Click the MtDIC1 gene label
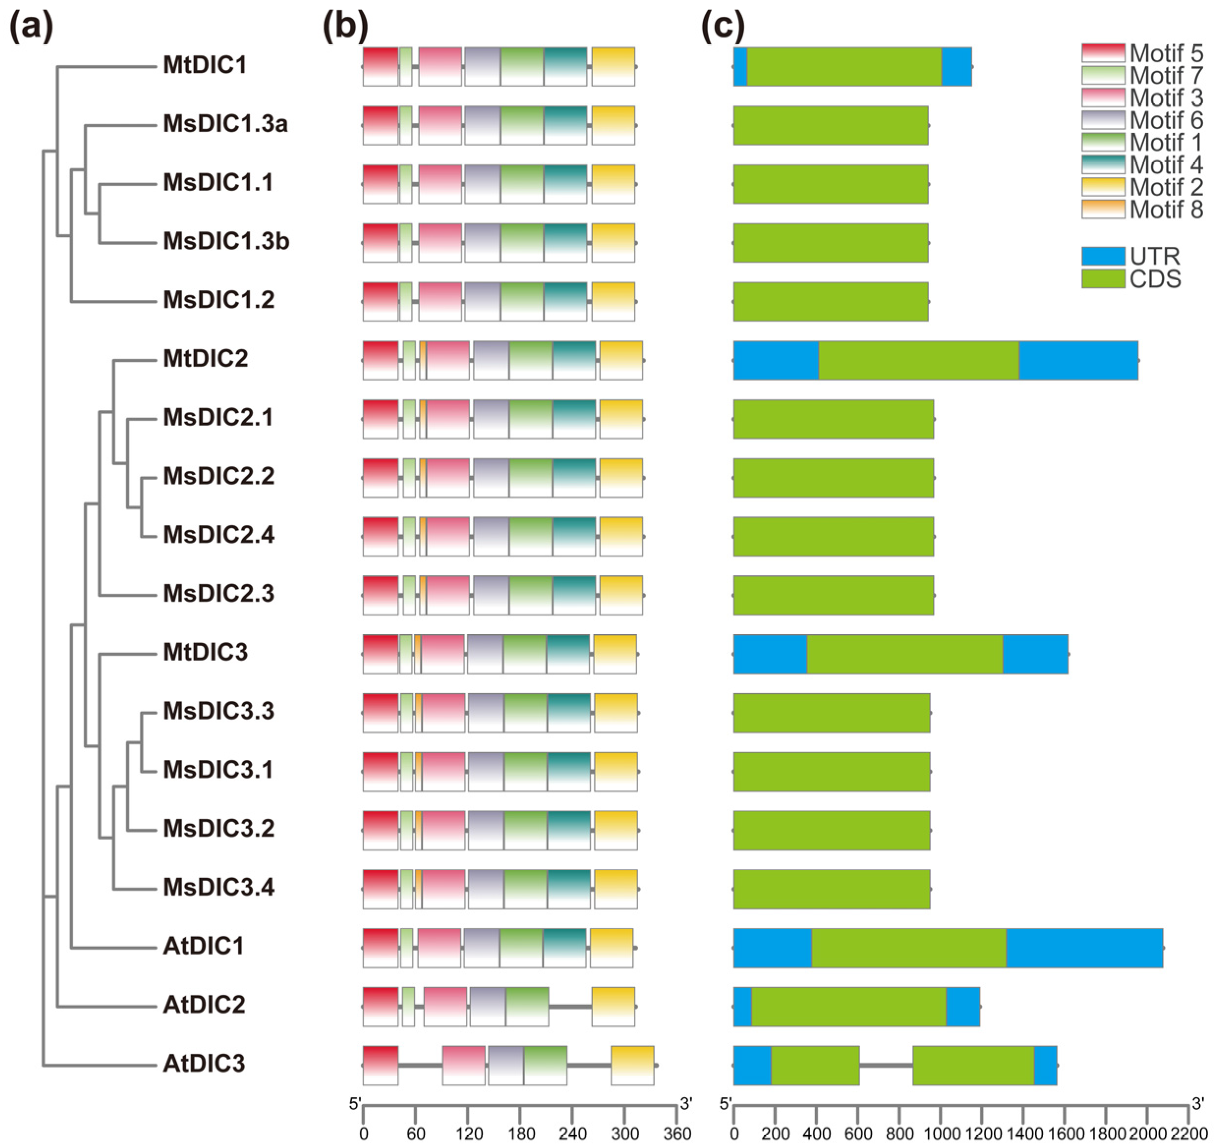(204, 65)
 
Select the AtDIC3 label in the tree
(203, 1063)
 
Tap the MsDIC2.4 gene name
(218, 535)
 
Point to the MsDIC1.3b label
(226, 241)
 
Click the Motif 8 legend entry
(1142, 209)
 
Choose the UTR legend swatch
(1103, 257)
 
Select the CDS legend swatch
(1103, 279)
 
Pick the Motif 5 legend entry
(1142, 53)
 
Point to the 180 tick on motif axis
(520, 1134)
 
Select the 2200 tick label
(1189, 1134)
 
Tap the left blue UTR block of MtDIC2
(776, 360)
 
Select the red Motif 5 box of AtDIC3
(380, 1065)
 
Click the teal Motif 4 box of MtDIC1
(565, 66)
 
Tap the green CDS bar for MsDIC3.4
(832, 889)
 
